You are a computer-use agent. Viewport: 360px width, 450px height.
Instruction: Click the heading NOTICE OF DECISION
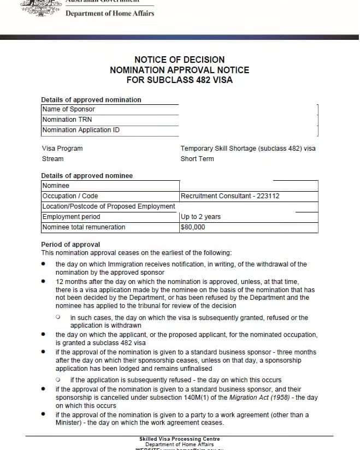(179, 60)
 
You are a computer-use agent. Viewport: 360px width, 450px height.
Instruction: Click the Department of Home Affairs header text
(110, 13)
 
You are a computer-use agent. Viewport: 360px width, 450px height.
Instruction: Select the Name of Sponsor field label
(68, 109)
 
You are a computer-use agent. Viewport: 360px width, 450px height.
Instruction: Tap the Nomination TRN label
(67, 120)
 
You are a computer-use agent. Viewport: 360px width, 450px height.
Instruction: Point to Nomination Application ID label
(81, 130)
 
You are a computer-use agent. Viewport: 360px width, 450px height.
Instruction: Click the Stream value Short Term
(197, 159)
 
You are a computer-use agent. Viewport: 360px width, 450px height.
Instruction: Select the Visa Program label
(62, 149)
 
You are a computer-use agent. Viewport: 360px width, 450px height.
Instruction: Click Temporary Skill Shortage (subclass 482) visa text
(248, 149)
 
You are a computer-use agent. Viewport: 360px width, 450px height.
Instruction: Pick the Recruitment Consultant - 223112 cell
(230, 196)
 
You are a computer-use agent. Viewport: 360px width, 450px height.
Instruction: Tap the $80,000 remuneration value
(193, 227)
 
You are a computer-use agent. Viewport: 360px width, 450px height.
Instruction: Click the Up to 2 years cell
(200, 217)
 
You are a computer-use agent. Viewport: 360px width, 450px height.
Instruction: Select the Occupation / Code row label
(70, 196)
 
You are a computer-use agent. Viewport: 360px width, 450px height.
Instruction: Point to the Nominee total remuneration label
(84, 227)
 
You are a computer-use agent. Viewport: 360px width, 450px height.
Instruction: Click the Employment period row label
(71, 217)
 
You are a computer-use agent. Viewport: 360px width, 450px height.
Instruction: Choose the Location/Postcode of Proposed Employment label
(109, 206)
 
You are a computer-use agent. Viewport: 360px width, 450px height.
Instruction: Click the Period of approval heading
(70, 244)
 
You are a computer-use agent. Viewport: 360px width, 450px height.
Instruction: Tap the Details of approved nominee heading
(87, 176)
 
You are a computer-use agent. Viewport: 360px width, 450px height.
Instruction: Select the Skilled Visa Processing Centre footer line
(179, 439)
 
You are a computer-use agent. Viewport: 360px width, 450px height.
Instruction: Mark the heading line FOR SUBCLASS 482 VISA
(179, 80)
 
